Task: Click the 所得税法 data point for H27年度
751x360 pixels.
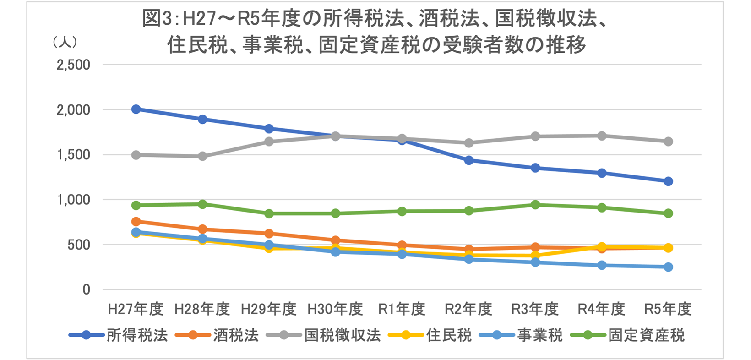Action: click(136, 109)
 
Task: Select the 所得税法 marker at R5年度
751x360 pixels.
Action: click(668, 181)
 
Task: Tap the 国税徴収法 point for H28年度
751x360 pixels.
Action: click(202, 156)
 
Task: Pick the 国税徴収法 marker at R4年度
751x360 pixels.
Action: click(602, 136)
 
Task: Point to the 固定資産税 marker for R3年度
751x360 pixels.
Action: click(535, 205)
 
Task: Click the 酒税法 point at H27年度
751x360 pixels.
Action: click(136, 222)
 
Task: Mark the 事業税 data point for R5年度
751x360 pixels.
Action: click(668, 267)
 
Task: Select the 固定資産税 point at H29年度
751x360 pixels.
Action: click(269, 213)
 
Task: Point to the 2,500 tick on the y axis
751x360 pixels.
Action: click(73, 65)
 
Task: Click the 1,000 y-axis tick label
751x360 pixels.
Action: click(73, 200)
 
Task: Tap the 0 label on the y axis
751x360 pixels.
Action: click(86, 289)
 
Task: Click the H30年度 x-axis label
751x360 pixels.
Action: click(335, 309)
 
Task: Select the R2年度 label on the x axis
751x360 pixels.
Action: click(468, 309)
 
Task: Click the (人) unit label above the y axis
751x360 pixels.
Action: click(64, 43)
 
